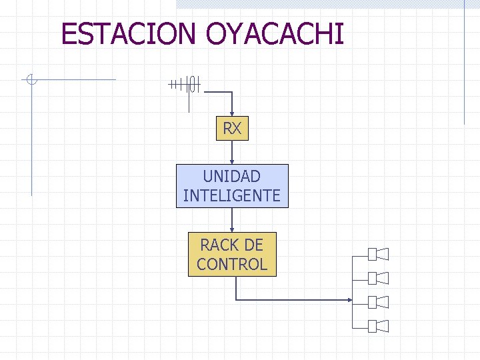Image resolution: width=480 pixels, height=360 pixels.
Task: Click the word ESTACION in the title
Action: (130, 33)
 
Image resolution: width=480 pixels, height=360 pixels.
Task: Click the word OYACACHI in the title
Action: (275, 33)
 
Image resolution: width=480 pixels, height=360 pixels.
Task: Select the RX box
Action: (232, 129)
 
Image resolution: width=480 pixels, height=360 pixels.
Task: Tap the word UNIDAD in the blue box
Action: (232, 177)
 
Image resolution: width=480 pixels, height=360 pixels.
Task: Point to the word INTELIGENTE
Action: (232, 196)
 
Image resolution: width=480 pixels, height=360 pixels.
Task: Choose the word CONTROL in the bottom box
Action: (232, 264)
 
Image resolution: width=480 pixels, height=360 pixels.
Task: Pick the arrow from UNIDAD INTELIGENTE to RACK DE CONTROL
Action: (232, 220)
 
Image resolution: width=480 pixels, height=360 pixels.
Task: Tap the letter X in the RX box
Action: (237, 129)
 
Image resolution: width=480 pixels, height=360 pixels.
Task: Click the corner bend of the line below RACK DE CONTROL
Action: (237, 300)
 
